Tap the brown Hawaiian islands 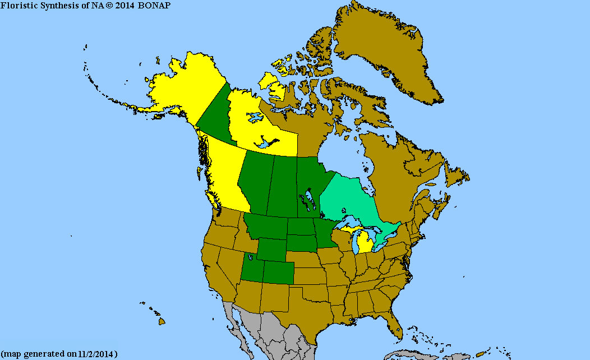161,321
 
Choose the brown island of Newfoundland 457,174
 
